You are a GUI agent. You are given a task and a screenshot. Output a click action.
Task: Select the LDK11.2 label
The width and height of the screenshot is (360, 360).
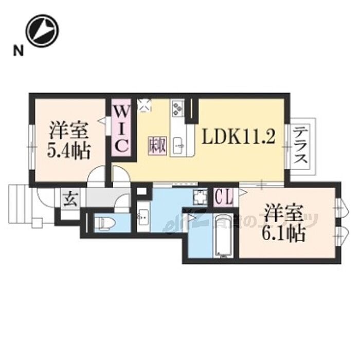point(239,137)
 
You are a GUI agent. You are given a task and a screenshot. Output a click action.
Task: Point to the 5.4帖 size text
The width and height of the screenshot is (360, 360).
point(69,151)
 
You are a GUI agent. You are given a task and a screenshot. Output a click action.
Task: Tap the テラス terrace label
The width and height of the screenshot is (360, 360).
point(301,146)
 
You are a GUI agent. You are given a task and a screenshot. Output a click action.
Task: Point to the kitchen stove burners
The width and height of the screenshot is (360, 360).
point(178,107)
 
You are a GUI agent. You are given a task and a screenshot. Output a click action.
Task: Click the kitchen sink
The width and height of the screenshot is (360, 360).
point(180,146)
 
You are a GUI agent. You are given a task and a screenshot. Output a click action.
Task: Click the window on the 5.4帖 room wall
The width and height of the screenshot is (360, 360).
point(32,147)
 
